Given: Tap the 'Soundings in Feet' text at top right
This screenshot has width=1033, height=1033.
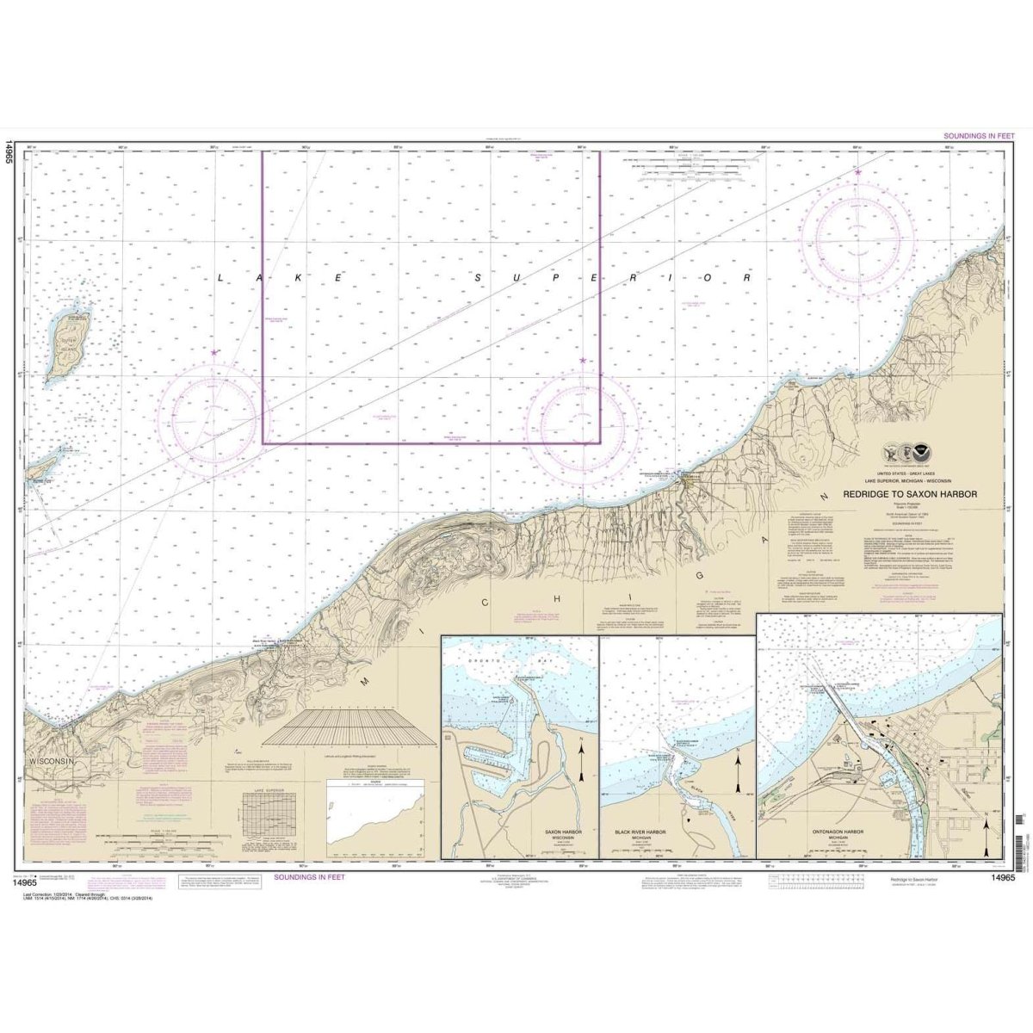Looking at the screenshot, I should [979, 136].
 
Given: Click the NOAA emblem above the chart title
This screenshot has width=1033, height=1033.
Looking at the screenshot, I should [921, 452].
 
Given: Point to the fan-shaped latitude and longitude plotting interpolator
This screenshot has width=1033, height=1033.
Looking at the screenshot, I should [349, 727].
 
